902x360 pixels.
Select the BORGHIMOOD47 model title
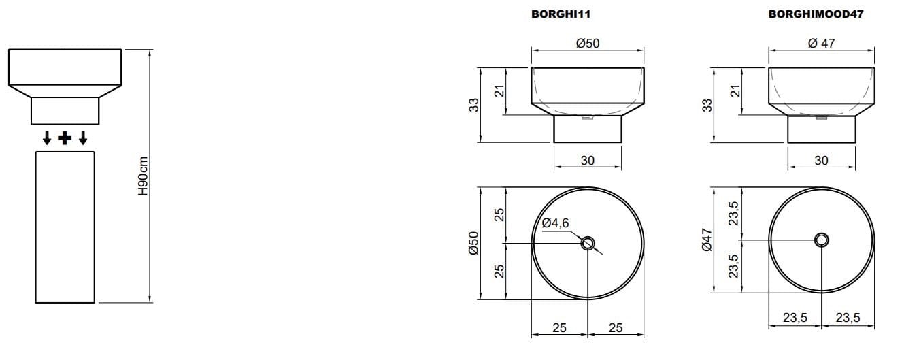point(816,14)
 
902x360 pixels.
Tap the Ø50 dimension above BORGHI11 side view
point(587,43)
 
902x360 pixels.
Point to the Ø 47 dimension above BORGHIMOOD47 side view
point(821,43)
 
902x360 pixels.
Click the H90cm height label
point(143,177)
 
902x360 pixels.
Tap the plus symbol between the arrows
point(65,139)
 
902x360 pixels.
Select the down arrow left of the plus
point(47,139)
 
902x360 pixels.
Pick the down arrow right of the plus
point(83,139)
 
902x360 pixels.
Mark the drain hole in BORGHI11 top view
point(588,243)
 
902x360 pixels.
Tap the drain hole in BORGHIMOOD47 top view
point(822,240)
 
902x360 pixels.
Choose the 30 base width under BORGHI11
point(588,161)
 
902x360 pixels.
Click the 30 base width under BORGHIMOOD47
point(821,161)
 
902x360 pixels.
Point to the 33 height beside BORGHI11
point(474,105)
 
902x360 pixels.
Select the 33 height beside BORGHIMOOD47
point(707,105)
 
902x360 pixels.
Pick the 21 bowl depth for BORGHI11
point(499,91)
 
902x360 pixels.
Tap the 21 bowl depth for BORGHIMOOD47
point(733,91)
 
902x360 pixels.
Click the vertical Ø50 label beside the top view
point(474,242)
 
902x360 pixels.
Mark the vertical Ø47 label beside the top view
point(707,240)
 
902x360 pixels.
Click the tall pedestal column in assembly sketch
point(65,227)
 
